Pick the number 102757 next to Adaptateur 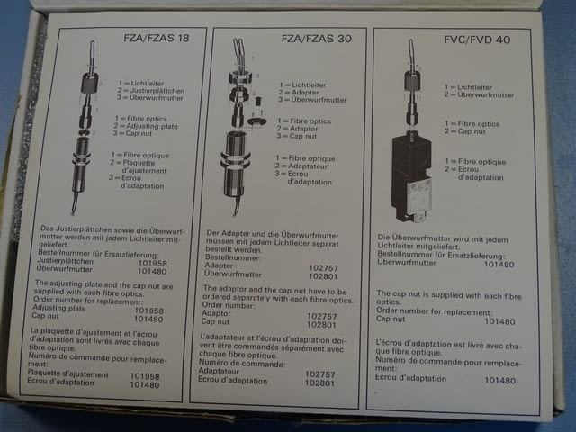click(320, 373)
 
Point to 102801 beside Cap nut click(320, 323)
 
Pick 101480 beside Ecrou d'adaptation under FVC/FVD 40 click(499, 380)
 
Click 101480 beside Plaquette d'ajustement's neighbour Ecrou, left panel click(146, 383)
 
